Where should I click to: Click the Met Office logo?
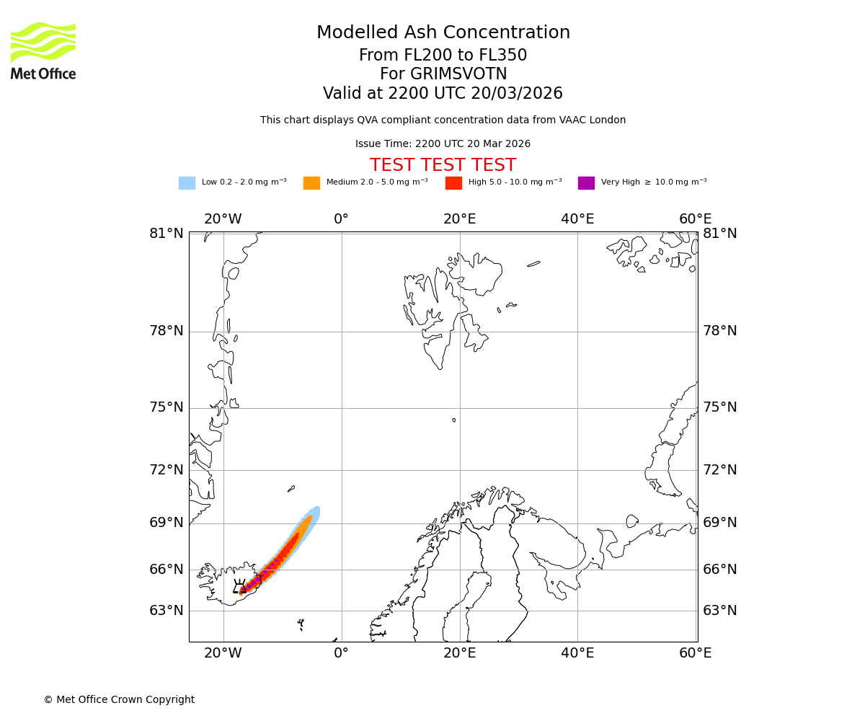(x=43, y=50)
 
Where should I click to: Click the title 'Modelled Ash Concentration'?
(x=443, y=32)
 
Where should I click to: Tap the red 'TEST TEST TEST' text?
(x=443, y=165)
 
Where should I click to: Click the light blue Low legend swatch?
(x=187, y=183)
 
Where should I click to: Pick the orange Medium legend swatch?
(x=311, y=183)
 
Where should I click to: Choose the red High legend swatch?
(x=453, y=183)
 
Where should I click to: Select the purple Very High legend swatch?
(x=586, y=183)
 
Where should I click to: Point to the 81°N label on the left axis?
(x=167, y=233)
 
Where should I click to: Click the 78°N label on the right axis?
(x=720, y=331)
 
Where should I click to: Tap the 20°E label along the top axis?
(x=459, y=219)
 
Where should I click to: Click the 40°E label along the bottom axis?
(x=577, y=653)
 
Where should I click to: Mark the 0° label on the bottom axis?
(x=341, y=653)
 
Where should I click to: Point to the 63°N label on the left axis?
(x=167, y=610)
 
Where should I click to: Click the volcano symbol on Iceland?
(x=240, y=586)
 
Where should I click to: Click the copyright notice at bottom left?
(x=119, y=699)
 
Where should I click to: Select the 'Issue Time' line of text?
(x=443, y=144)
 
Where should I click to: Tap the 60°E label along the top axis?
(x=695, y=219)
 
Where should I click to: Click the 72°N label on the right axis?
(x=720, y=470)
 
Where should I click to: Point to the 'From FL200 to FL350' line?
(x=443, y=56)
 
